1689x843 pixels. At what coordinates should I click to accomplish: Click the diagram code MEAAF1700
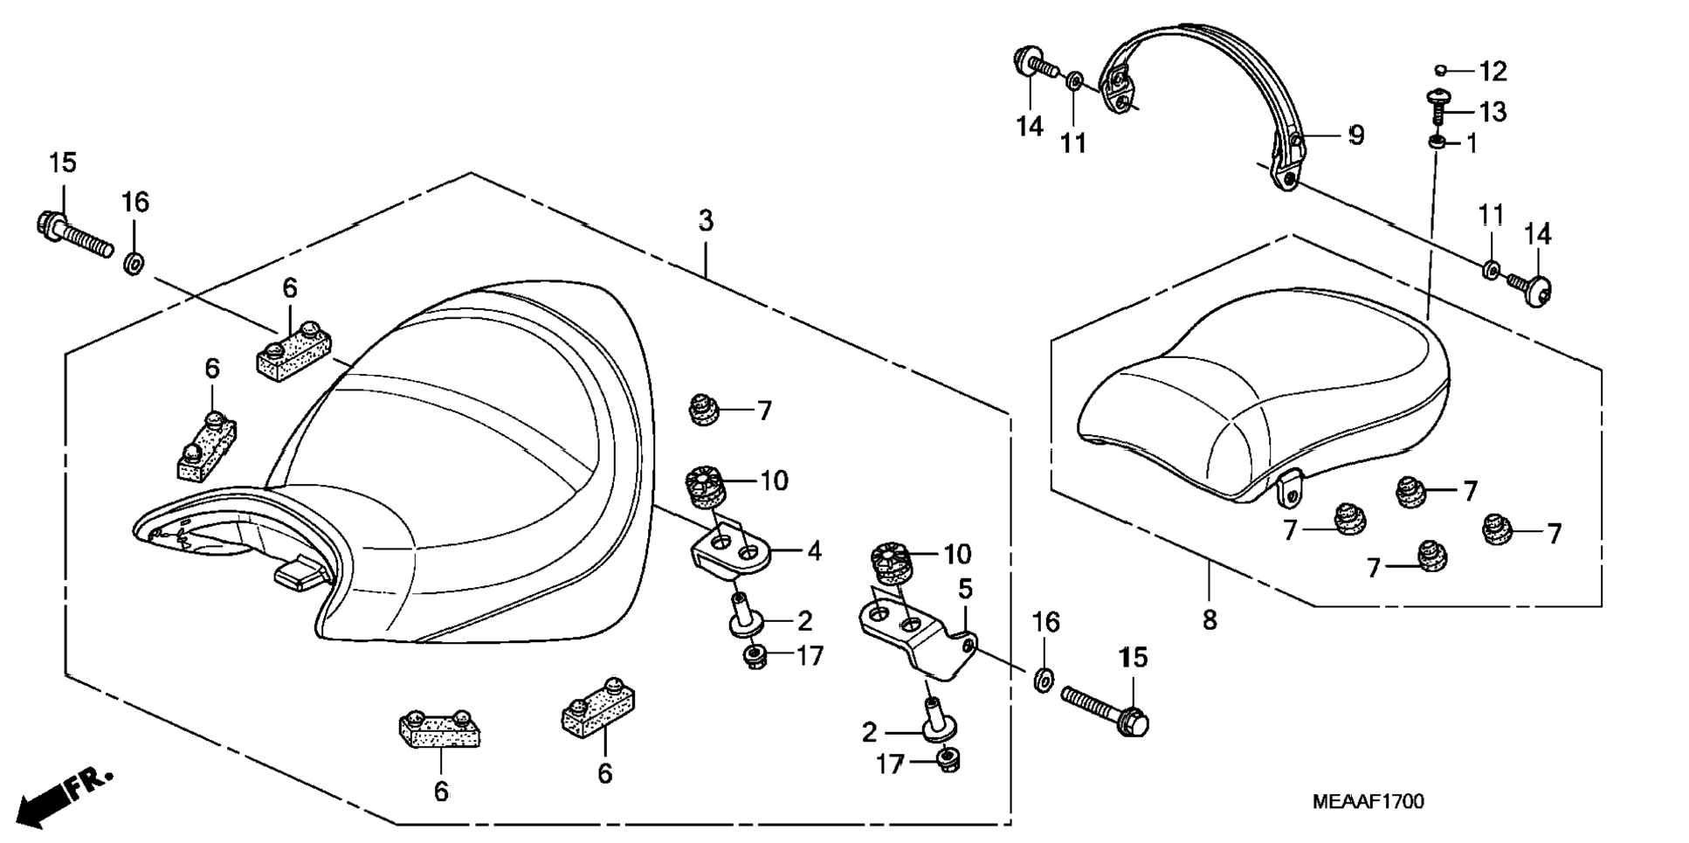[x=1368, y=802]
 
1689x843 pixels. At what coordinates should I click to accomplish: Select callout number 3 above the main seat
[x=706, y=221]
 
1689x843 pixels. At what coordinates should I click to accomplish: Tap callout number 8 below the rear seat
[x=1210, y=620]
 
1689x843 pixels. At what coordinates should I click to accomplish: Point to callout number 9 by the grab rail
[x=1355, y=135]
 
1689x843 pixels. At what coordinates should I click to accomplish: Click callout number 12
[x=1492, y=71]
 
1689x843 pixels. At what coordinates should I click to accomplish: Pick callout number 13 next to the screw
[x=1492, y=112]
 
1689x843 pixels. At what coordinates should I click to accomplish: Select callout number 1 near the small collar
[x=1472, y=143]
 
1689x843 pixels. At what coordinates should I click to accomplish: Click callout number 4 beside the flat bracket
[x=814, y=551]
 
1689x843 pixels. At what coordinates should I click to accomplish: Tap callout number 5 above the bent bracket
[x=965, y=589]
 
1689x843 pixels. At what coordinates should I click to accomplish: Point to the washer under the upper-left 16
[x=134, y=261]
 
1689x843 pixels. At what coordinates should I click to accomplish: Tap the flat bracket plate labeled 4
[x=730, y=552]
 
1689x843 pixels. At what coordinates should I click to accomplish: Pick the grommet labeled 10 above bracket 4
[x=707, y=487]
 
